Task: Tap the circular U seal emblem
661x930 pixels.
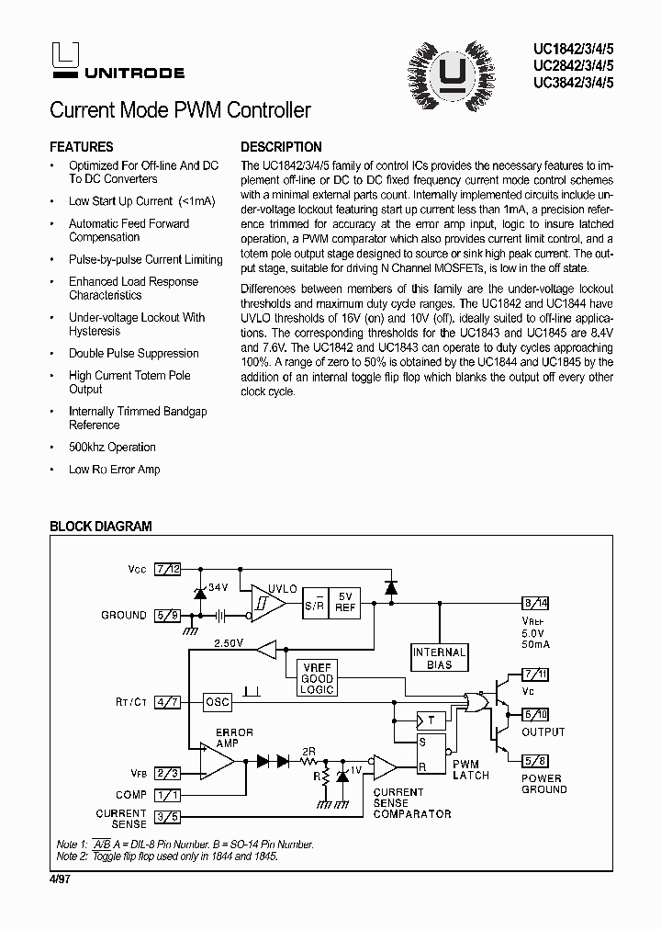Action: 450,70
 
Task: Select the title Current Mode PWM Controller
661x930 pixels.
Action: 180,111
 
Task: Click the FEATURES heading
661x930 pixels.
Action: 82,147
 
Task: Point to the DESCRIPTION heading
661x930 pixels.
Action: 281,147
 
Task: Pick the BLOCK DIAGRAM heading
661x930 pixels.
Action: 100,527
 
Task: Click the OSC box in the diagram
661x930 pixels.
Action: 218,701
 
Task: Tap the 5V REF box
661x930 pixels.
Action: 345,602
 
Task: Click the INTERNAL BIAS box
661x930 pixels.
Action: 440,658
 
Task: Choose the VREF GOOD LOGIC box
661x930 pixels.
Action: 317,678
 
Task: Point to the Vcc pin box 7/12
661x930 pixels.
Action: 168,569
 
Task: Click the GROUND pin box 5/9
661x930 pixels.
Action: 168,615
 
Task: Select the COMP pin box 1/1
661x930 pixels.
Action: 168,795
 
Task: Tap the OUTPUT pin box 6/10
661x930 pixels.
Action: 536,714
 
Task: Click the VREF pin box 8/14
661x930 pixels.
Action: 536,603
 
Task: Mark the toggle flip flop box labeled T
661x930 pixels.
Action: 430,720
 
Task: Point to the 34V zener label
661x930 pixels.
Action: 218,587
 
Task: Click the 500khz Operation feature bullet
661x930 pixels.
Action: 112,448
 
